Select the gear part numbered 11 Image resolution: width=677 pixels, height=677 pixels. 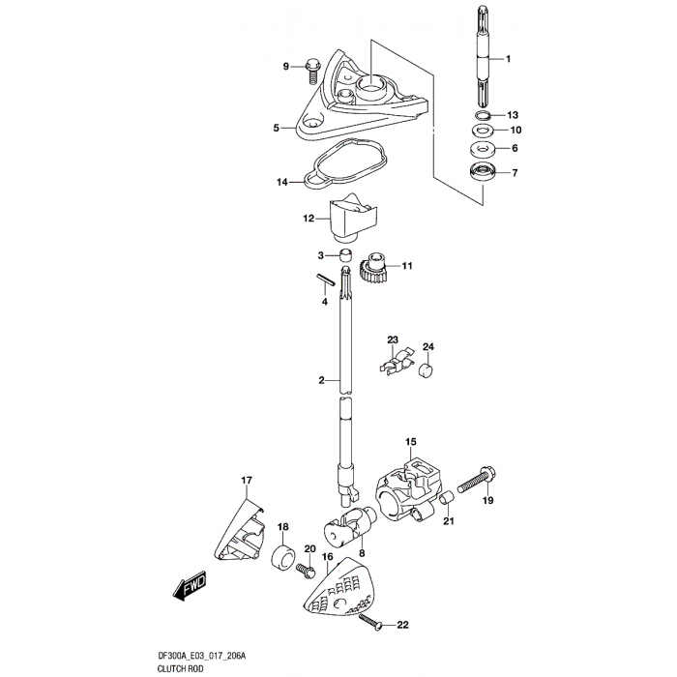point(372,267)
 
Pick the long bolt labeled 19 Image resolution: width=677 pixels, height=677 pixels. point(476,481)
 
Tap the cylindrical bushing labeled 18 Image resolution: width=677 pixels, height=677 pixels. point(283,557)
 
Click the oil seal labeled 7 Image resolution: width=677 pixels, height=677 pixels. point(482,173)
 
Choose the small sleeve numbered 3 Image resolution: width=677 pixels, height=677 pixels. point(344,255)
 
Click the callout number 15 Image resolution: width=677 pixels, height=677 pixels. point(411,442)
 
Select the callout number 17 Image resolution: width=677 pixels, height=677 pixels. point(247,480)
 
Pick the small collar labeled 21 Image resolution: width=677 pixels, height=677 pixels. point(446,498)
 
